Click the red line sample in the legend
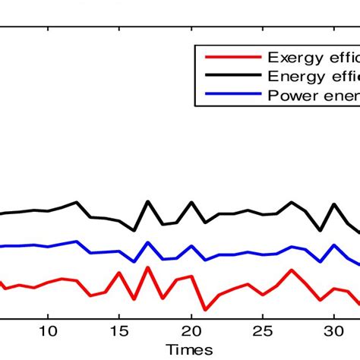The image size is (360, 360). pyautogui.click(x=228, y=58)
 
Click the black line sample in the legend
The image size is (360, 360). pyautogui.click(x=228, y=76)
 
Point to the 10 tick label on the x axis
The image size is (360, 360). pyautogui.click(x=47, y=331)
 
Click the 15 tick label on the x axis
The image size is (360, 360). pyautogui.click(x=118, y=331)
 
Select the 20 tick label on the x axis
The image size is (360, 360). pyautogui.click(x=191, y=331)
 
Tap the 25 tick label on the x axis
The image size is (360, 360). pyautogui.click(x=262, y=331)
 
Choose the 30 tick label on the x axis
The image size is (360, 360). pyautogui.click(x=333, y=331)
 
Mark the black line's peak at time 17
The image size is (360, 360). pyautogui.click(x=147, y=202)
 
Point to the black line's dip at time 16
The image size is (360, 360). pyautogui.click(x=134, y=230)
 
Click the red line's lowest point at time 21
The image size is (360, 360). pyautogui.click(x=205, y=310)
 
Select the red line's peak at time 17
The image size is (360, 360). pyautogui.click(x=147, y=267)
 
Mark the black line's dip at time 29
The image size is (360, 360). pyautogui.click(x=320, y=230)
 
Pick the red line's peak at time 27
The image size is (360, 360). pyautogui.click(x=291, y=270)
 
